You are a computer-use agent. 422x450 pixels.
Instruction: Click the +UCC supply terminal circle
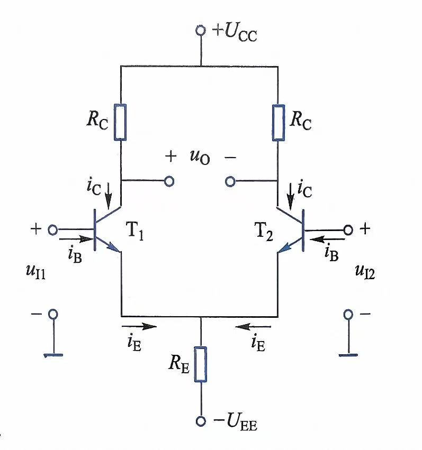click(x=201, y=30)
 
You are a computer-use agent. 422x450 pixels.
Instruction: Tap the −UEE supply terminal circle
click(x=201, y=421)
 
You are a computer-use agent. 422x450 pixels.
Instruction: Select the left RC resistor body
click(x=120, y=122)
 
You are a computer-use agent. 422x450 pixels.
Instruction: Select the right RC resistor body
click(x=279, y=123)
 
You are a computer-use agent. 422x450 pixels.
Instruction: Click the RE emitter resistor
click(x=201, y=364)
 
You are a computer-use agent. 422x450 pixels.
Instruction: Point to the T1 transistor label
click(x=134, y=231)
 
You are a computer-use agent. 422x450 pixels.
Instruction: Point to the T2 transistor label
click(x=264, y=232)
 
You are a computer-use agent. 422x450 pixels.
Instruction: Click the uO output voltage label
click(x=200, y=157)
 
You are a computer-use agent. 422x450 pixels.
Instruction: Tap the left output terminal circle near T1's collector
click(x=169, y=181)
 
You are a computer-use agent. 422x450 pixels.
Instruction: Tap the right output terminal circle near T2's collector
click(x=230, y=181)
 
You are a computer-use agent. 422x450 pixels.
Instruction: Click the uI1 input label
click(x=35, y=271)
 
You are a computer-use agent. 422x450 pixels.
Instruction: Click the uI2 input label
click(x=365, y=271)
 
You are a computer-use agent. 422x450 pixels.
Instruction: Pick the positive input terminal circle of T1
click(x=52, y=229)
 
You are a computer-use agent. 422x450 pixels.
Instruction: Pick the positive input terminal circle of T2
click(x=348, y=229)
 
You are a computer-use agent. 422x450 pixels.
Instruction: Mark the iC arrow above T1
click(x=109, y=196)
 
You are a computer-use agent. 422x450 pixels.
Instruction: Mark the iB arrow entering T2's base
click(x=327, y=239)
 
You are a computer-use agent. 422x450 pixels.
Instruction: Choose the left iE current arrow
click(x=139, y=326)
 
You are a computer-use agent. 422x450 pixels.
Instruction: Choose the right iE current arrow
click(x=253, y=326)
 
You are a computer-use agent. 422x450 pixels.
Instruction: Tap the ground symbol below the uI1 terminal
click(x=53, y=355)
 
